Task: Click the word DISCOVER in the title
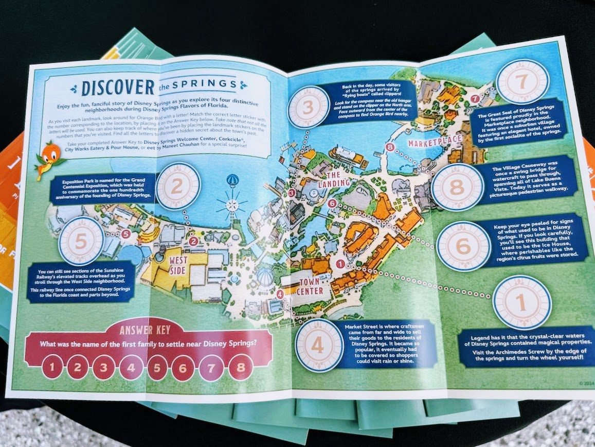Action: click(118, 87)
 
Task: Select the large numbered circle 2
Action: click(178, 185)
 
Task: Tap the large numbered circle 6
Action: click(462, 246)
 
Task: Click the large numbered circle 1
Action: click(521, 302)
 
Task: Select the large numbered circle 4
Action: click(319, 345)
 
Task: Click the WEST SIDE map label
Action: click(178, 265)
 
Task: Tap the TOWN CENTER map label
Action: click(310, 286)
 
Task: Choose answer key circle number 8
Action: click(240, 368)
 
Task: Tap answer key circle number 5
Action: click(158, 368)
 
